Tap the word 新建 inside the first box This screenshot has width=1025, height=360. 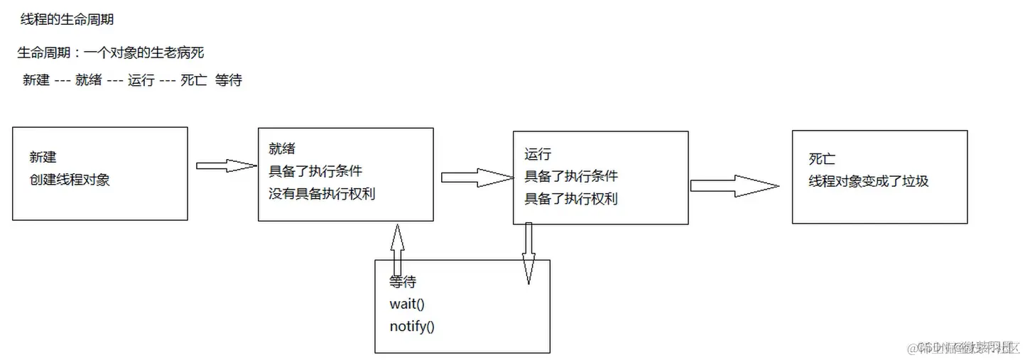click(x=43, y=158)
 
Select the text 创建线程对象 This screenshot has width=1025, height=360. click(x=70, y=180)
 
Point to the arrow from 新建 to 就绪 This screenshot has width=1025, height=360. click(x=225, y=165)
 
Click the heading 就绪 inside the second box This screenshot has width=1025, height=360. click(x=282, y=149)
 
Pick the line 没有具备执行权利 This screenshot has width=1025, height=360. click(x=322, y=193)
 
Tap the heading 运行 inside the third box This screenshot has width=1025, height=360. click(x=538, y=154)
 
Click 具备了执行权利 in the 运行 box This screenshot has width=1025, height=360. click(x=571, y=199)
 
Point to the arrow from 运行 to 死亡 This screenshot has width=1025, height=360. click(x=733, y=185)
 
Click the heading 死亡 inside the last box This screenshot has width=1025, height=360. click(x=822, y=159)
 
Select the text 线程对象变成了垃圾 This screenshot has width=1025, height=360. click(x=868, y=181)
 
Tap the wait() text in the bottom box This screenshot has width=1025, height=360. click(x=407, y=305)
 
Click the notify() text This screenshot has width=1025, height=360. click(x=412, y=327)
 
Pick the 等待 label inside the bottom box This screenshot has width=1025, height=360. click(x=403, y=282)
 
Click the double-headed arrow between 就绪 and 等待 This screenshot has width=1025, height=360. click(x=397, y=249)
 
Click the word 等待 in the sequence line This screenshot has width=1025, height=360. click(x=228, y=80)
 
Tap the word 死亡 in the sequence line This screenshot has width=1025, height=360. click(x=193, y=80)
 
